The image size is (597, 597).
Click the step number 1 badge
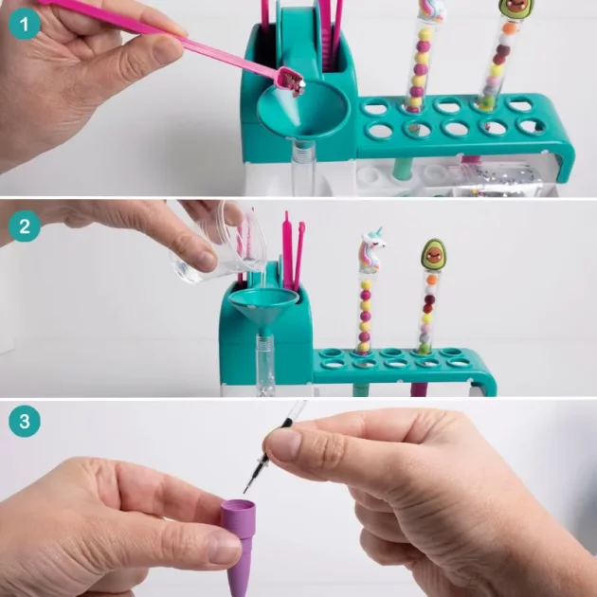click(25, 24)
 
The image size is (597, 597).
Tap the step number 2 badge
click(25, 226)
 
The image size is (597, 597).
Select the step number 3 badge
click(25, 421)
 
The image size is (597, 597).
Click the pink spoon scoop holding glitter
click(291, 80)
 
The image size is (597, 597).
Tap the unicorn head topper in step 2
click(371, 250)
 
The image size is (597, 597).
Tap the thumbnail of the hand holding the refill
click(284, 443)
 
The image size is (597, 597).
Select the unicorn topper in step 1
click(432, 9)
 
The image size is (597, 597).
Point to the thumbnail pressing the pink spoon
click(168, 50)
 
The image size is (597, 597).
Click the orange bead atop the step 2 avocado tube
click(432, 280)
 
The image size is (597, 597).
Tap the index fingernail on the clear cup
click(205, 261)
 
